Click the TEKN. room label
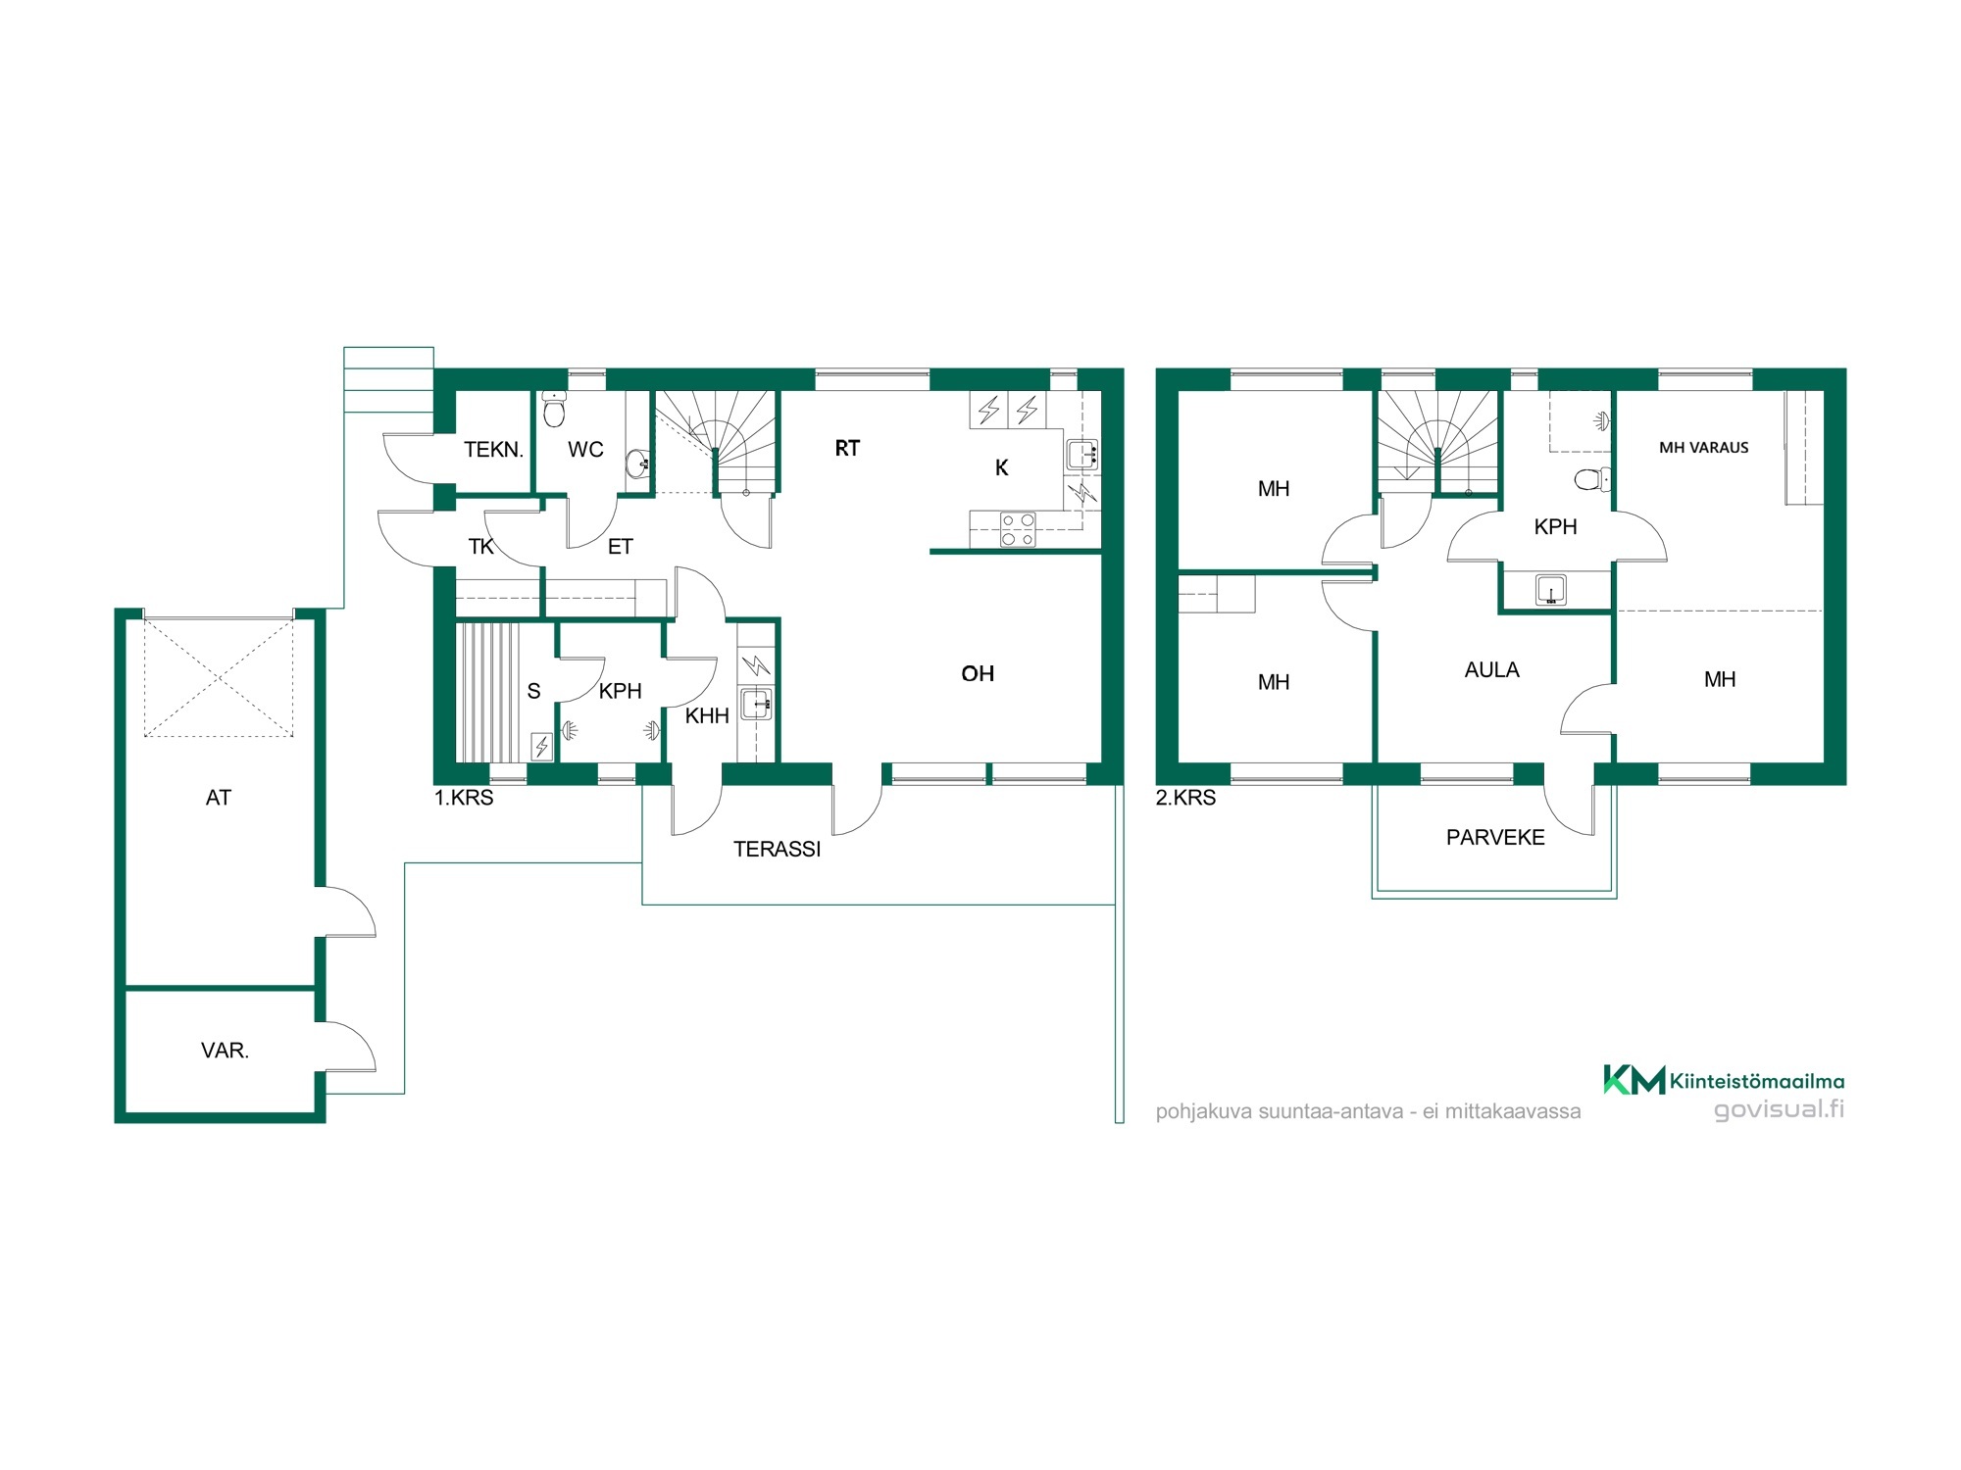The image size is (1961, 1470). [493, 450]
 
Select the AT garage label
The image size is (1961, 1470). [218, 798]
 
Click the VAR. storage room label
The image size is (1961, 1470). [225, 1051]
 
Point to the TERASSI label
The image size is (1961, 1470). [777, 849]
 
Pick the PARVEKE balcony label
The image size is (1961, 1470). [1495, 837]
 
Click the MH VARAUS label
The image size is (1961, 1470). [1703, 448]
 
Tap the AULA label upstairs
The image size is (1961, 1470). [1491, 670]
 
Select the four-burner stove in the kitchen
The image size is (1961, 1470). [1017, 529]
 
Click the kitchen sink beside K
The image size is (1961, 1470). [1082, 454]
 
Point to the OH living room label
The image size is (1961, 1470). [978, 673]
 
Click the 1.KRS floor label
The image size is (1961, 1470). [464, 798]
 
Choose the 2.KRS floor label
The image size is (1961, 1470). [1185, 798]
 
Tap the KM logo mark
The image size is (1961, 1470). [1634, 1079]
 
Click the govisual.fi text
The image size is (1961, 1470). [1779, 1109]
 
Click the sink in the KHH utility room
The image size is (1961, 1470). [756, 704]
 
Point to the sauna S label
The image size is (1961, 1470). [533, 691]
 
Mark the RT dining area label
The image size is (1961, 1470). [847, 449]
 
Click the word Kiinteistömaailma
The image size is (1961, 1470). [1757, 1082]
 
